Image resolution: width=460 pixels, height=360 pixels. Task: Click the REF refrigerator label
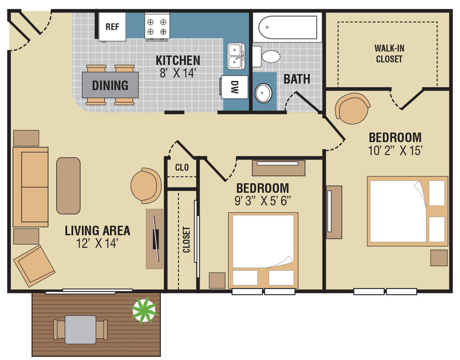coord(112,27)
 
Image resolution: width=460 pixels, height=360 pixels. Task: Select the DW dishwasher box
coord(234,87)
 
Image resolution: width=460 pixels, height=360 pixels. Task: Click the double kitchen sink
coord(236,56)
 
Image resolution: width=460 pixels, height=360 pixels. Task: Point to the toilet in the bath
coord(266,56)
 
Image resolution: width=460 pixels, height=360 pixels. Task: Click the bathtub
coord(287,27)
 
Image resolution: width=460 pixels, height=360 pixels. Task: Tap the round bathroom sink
coord(263,93)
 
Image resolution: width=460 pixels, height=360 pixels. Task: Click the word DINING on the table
coord(110,85)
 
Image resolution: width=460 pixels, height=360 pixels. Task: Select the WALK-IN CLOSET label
coord(389,53)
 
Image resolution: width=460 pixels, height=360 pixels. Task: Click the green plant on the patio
coord(144,310)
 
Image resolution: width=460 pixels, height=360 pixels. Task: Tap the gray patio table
coord(80,329)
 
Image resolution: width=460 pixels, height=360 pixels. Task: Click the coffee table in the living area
coord(68,186)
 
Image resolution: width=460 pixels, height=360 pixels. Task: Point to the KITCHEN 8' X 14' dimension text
coord(178,67)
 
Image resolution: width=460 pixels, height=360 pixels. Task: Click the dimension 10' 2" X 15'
coord(395,151)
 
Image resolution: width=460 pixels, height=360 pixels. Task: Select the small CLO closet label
coord(182,168)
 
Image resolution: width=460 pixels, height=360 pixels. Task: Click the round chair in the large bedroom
coord(352,108)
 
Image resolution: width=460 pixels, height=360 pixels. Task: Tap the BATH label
coord(296,79)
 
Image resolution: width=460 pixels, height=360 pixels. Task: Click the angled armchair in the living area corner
coord(34,266)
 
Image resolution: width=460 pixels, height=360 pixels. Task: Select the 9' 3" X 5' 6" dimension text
coord(262,201)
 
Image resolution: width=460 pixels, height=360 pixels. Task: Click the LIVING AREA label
coord(97,231)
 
